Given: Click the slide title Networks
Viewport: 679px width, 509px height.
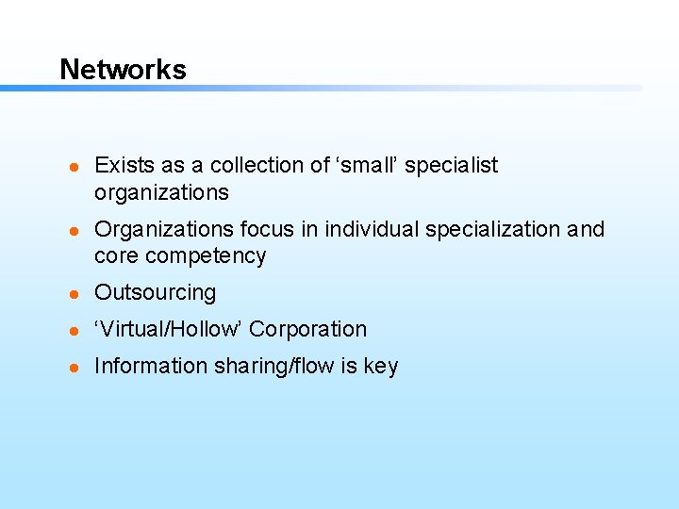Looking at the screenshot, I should pyautogui.click(x=123, y=70).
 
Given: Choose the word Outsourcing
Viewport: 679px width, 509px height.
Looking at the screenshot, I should pyautogui.click(x=156, y=293).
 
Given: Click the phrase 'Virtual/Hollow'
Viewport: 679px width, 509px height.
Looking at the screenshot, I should pyautogui.click(x=169, y=330).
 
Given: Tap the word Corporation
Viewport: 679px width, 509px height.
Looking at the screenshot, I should pyautogui.click(x=307, y=330).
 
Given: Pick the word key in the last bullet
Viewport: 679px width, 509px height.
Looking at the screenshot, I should pyautogui.click(x=380, y=367).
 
